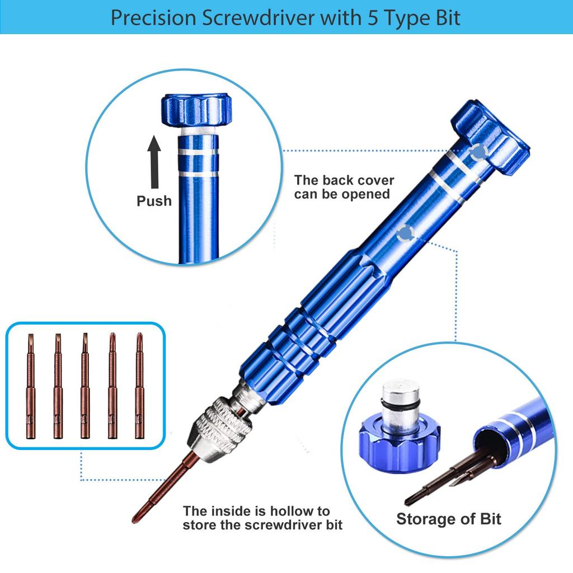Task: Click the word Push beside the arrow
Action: (x=154, y=201)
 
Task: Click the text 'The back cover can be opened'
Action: (x=344, y=187)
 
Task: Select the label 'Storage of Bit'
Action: (x=449, y=519)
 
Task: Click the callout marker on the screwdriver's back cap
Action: (x=477, y=152)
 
